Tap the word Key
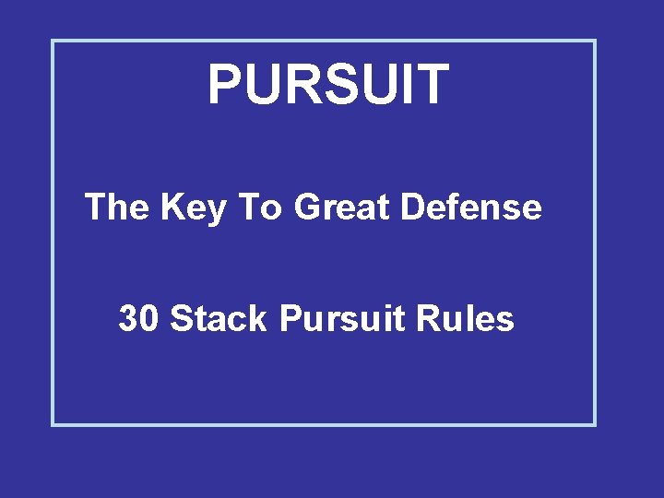tap(193, 208)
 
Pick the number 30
tap(139, 319)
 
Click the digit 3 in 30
tap(128, 319)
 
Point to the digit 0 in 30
tap(149, 319)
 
